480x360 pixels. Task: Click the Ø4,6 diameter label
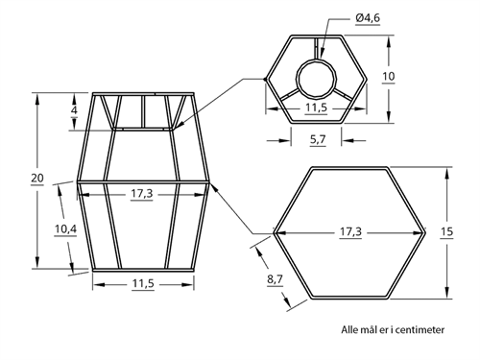pyautogui.click(x=368, y=18)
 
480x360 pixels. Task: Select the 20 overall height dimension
pyautogui.click(x=37, y=178)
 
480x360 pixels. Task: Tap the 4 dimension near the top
pyautogui.click(x=74, y=110)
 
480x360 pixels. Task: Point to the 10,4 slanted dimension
pyautogui.click(x=65, y=229)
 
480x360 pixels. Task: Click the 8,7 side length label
pyautogui.click(x=276, y=279)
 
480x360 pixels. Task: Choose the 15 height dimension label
pyautogui.click(x=446, y=231)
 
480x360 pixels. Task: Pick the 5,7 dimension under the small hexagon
pyautogui.click(x=318, y=139)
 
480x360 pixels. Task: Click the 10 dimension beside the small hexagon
pyautogui.click(x=389, y=77)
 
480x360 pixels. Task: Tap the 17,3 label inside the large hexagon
pyautogui.click(x=350, y=231)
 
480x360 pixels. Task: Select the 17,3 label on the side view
pyautogui.click(x=142, y=194)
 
